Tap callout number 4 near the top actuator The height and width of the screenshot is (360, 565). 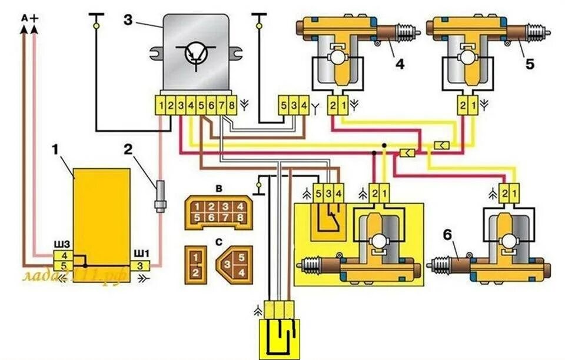point(400,64)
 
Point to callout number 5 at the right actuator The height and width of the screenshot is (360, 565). point(530,64)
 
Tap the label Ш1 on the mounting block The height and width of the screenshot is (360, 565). point(142,255)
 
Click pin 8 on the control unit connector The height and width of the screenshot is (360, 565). point(231,106)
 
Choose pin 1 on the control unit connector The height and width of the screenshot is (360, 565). point(161,106)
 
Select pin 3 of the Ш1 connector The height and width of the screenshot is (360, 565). point(141,266)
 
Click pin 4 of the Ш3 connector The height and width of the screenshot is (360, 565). point(63,255)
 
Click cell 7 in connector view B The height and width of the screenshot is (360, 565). point(227,218)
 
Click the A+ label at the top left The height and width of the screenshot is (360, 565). point(29,18)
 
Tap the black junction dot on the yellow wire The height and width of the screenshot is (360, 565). point(384,145)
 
